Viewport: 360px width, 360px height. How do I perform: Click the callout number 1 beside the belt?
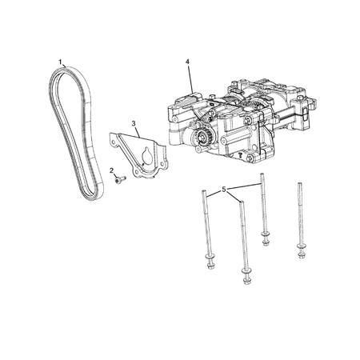[x=60, y=62]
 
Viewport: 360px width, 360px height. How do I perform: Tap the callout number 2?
[x=111, y=170]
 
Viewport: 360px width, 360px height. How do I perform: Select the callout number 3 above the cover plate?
[x=134, y=123]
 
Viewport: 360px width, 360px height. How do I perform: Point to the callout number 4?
[x=187, y=62]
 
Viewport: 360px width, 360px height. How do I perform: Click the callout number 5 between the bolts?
[x=224, y=190]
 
